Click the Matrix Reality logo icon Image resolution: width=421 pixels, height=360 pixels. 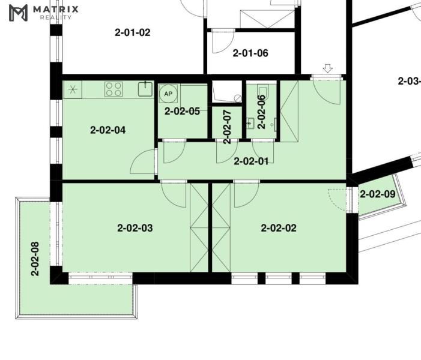(x=18, y=13)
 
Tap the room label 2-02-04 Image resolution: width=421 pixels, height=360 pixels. (x=108, y=130)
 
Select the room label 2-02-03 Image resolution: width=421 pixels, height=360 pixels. (x=135, y=228)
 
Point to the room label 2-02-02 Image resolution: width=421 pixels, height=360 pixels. (x=279, y=228)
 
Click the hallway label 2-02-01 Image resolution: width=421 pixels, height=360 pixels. (x=251, y=161)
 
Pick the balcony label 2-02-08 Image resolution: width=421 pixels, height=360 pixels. (x=35, y=259)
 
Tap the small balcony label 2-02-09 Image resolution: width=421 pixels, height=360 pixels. (x=378, y=194)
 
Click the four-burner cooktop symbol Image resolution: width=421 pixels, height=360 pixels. (x=114, y=89)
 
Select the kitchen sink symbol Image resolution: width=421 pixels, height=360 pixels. (x=145, y=89)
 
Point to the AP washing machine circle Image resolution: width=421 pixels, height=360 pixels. (x=168, y=94)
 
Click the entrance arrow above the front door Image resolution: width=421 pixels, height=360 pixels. (x=327, y=68)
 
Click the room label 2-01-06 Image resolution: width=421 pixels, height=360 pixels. (x=250, y=53)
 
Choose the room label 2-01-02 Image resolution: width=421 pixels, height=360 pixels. (x=133, y=32)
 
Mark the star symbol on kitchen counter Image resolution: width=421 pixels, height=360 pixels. (x=73, y=89)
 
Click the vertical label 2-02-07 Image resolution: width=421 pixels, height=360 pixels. (x=227, y=127)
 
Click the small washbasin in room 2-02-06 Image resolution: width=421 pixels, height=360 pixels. (x=250, y=124)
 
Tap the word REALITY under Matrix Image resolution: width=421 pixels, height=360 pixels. (x=56, y=17)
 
